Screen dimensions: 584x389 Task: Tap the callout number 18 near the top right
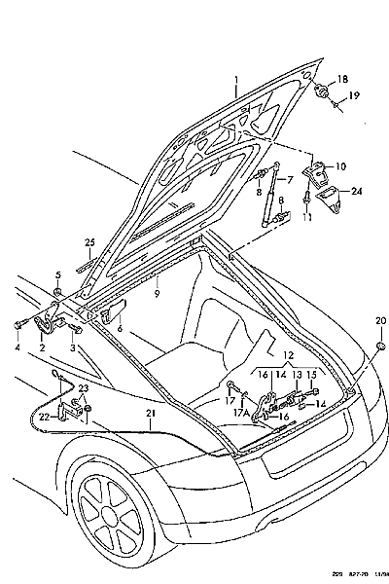pos(341,78)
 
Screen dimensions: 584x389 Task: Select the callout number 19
pos(354,95)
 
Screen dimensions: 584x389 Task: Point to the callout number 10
pos(339,167)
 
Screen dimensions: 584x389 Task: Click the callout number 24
pos(357,191)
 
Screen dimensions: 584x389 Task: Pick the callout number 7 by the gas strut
pos(289,179)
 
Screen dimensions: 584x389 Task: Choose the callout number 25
pos(89,242)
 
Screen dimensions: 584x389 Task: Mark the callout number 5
pos(57,275)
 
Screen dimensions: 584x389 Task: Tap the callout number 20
pos(379,320)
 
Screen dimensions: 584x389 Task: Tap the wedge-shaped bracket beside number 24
pos(332,202)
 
